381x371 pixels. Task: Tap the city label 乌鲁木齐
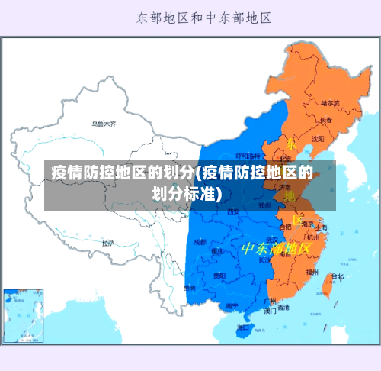(104, 123)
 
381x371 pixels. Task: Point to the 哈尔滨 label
(331, 102)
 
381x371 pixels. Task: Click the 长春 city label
(326, 120)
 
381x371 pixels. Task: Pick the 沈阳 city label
(318, 138)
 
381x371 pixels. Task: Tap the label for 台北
(336, 276)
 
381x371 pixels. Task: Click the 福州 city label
(312, 271)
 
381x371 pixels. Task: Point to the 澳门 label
(271, 311)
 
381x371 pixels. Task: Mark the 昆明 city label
(190, 288)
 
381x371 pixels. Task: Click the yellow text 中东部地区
(276, 249)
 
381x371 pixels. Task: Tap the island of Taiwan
(330, 284)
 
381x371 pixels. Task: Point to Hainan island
(242, 329)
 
